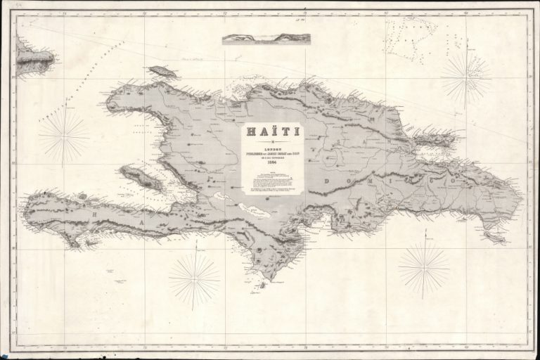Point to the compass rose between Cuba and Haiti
pyautogui.click(x=64, y=136)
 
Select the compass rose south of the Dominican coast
pyautogui.click(x=423, y=268)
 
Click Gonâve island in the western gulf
pyautogui.click(x=144, y=177)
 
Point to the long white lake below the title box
pyautogui.click(x=252, y=212)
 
